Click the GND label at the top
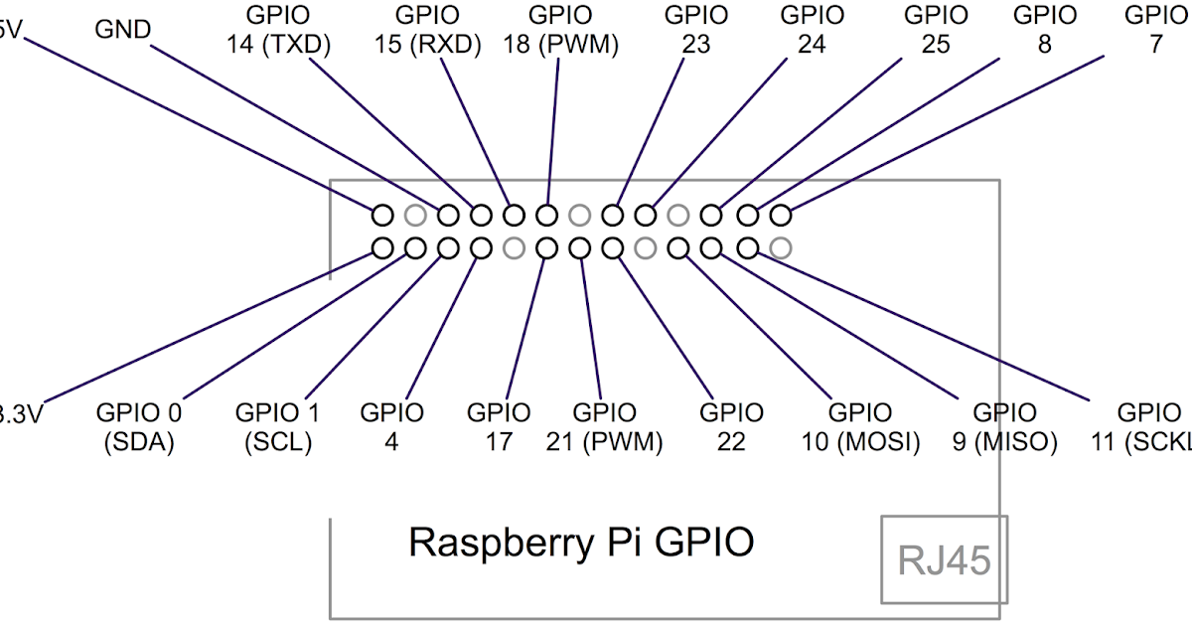pos(122,29)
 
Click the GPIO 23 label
pos(695,30)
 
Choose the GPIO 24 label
pos(812,30)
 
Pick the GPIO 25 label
pos(936,30)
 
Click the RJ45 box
pos(944,559)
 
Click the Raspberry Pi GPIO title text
pos(581,543)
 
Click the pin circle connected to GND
pos(448,215)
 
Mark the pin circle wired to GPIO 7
pos(781,215)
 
